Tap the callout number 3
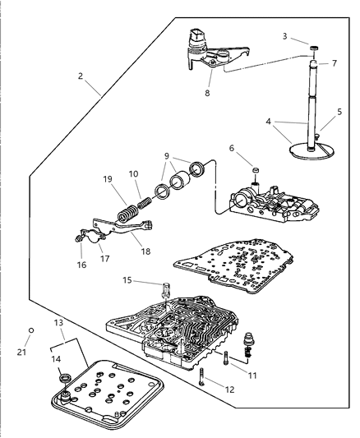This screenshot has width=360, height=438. (285, 37)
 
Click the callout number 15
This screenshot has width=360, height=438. (127, 281)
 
